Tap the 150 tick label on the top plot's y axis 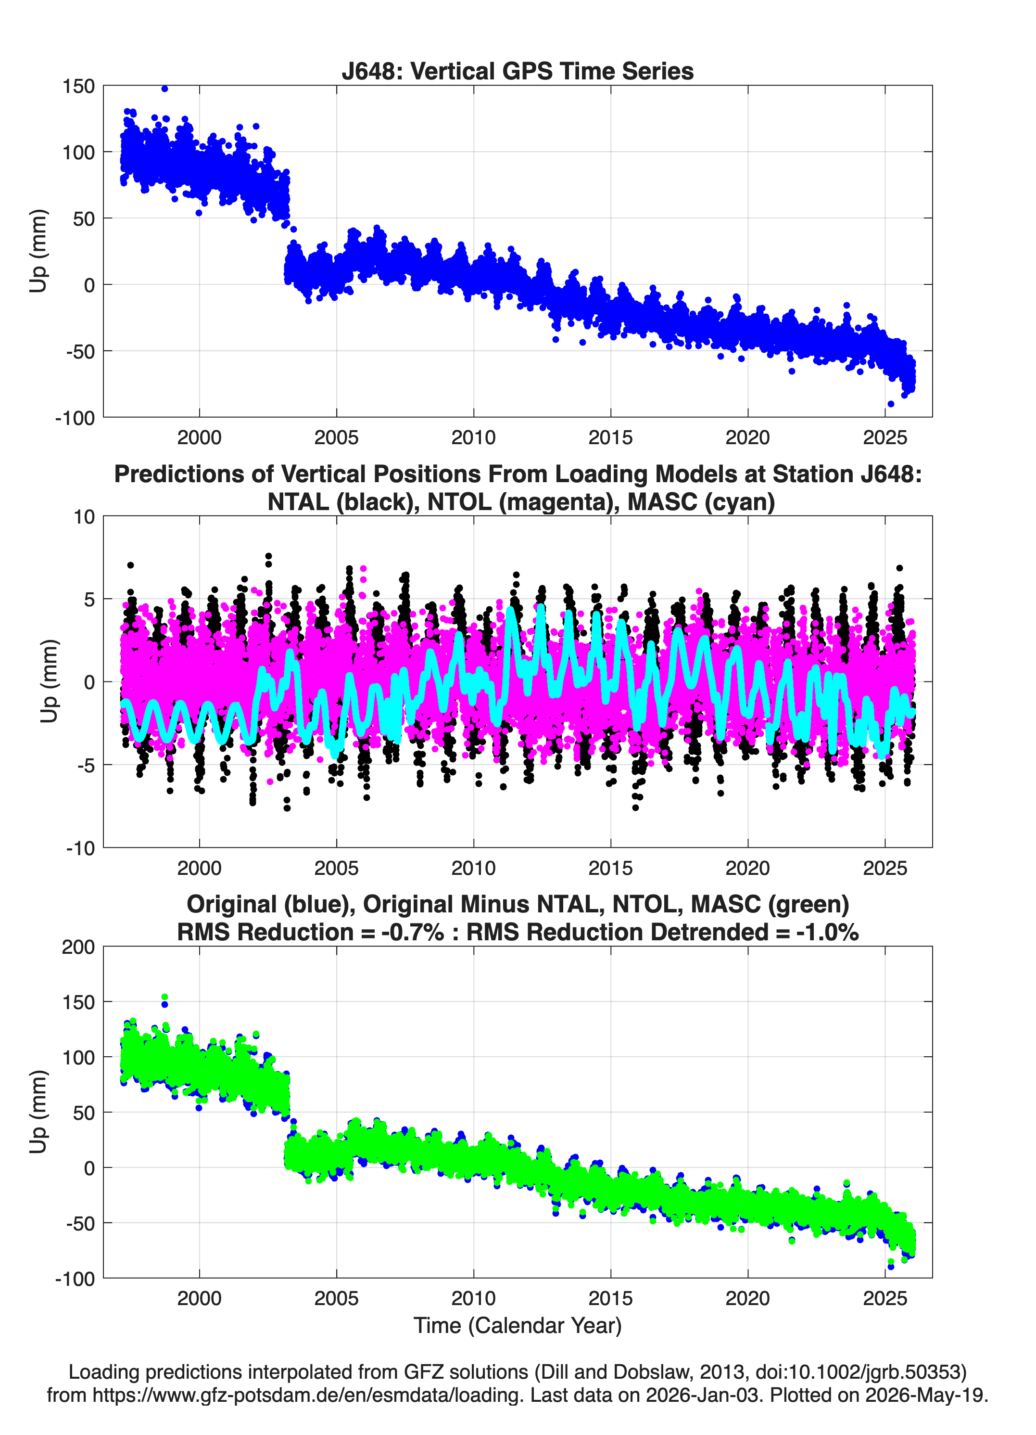[78, 86]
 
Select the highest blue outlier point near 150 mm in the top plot [164, 89]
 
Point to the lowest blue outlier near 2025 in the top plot [891, 404]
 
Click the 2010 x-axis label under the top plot [473, 437]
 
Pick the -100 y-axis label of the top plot [75, 418]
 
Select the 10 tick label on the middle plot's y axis [84, 517]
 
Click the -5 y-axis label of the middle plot [80, 765]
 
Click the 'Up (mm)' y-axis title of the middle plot [49, 681]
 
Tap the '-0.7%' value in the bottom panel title [412, 932]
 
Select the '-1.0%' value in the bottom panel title [827, 932]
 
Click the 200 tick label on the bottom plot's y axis [78, 947]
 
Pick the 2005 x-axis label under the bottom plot [337, 1298]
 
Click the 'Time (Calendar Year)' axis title [518, 1326]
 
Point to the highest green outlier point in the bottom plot [164, 997]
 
